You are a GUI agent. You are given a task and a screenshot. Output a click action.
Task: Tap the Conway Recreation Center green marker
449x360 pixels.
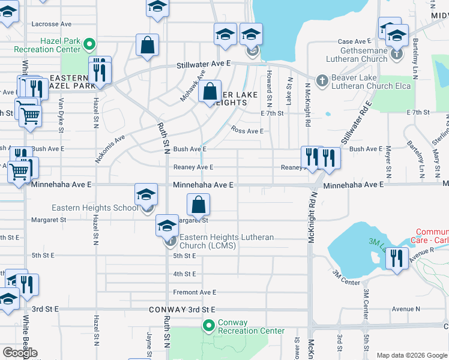[x=209, y=326]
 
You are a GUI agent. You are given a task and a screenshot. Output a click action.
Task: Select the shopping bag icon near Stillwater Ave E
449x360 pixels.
[x=147, y=46]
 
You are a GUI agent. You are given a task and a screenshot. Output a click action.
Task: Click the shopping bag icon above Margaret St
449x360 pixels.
[x=199, y=206]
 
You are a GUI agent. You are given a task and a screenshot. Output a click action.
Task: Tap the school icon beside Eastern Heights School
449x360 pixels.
[x=146, y=196]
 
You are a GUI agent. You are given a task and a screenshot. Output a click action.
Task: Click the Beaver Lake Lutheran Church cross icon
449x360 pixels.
[x=321, y=81]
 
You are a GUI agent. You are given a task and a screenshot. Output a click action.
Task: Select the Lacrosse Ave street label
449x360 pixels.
[x=52, y=24]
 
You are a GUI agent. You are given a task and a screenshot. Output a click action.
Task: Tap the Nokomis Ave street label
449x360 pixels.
[x=109, y=148]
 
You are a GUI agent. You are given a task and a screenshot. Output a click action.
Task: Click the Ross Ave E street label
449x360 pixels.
[x=247, y=131]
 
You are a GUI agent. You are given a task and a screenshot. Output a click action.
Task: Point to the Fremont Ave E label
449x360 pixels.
[x=194, y=292]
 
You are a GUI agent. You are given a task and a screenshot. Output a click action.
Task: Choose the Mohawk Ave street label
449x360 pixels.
[x=191, y=89]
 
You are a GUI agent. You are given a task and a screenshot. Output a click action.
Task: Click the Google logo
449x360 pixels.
[x=20, y=353]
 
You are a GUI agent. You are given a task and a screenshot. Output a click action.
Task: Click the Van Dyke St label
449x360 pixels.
[x=61, y=115]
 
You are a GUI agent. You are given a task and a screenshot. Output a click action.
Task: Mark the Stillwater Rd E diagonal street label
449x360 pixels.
[x=357, y=127]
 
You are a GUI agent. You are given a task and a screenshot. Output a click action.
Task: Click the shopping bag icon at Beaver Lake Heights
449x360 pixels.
[x=209, y=92]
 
